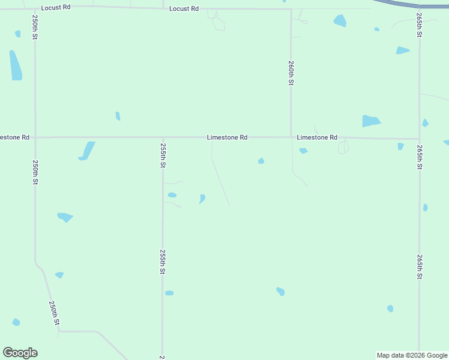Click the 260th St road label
tap(291, 73)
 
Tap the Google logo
tap(20, 353)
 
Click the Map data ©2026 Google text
tap(412, 355)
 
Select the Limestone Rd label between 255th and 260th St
tap(227, 137)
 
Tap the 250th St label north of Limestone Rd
tap(35, 28)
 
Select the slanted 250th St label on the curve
tap(55, 313)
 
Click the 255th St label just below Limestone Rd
tap(163, 155)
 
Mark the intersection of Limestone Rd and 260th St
tap(291, 137)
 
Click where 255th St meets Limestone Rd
tap(163, 137)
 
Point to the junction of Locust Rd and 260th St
tap(291, 9)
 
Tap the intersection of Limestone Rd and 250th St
tap(35, 137)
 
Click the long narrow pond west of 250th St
tap(16, 65)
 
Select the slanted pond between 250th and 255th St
tap(87, 151)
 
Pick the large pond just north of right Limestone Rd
tap(370, 121)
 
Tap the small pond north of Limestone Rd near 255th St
tap(118, 116)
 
